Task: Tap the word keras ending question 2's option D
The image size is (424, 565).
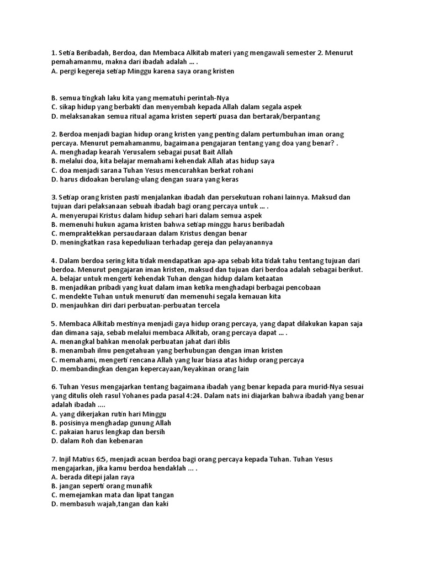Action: point(228,179)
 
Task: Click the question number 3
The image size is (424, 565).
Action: point(53,198)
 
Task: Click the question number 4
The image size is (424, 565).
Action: point(53,260)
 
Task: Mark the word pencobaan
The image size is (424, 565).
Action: point(302,287)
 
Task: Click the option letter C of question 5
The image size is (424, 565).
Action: point(54,360)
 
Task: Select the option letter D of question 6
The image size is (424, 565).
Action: point(54,441)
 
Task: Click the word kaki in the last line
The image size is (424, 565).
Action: point(161,504)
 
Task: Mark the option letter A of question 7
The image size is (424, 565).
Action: point(54,477)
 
